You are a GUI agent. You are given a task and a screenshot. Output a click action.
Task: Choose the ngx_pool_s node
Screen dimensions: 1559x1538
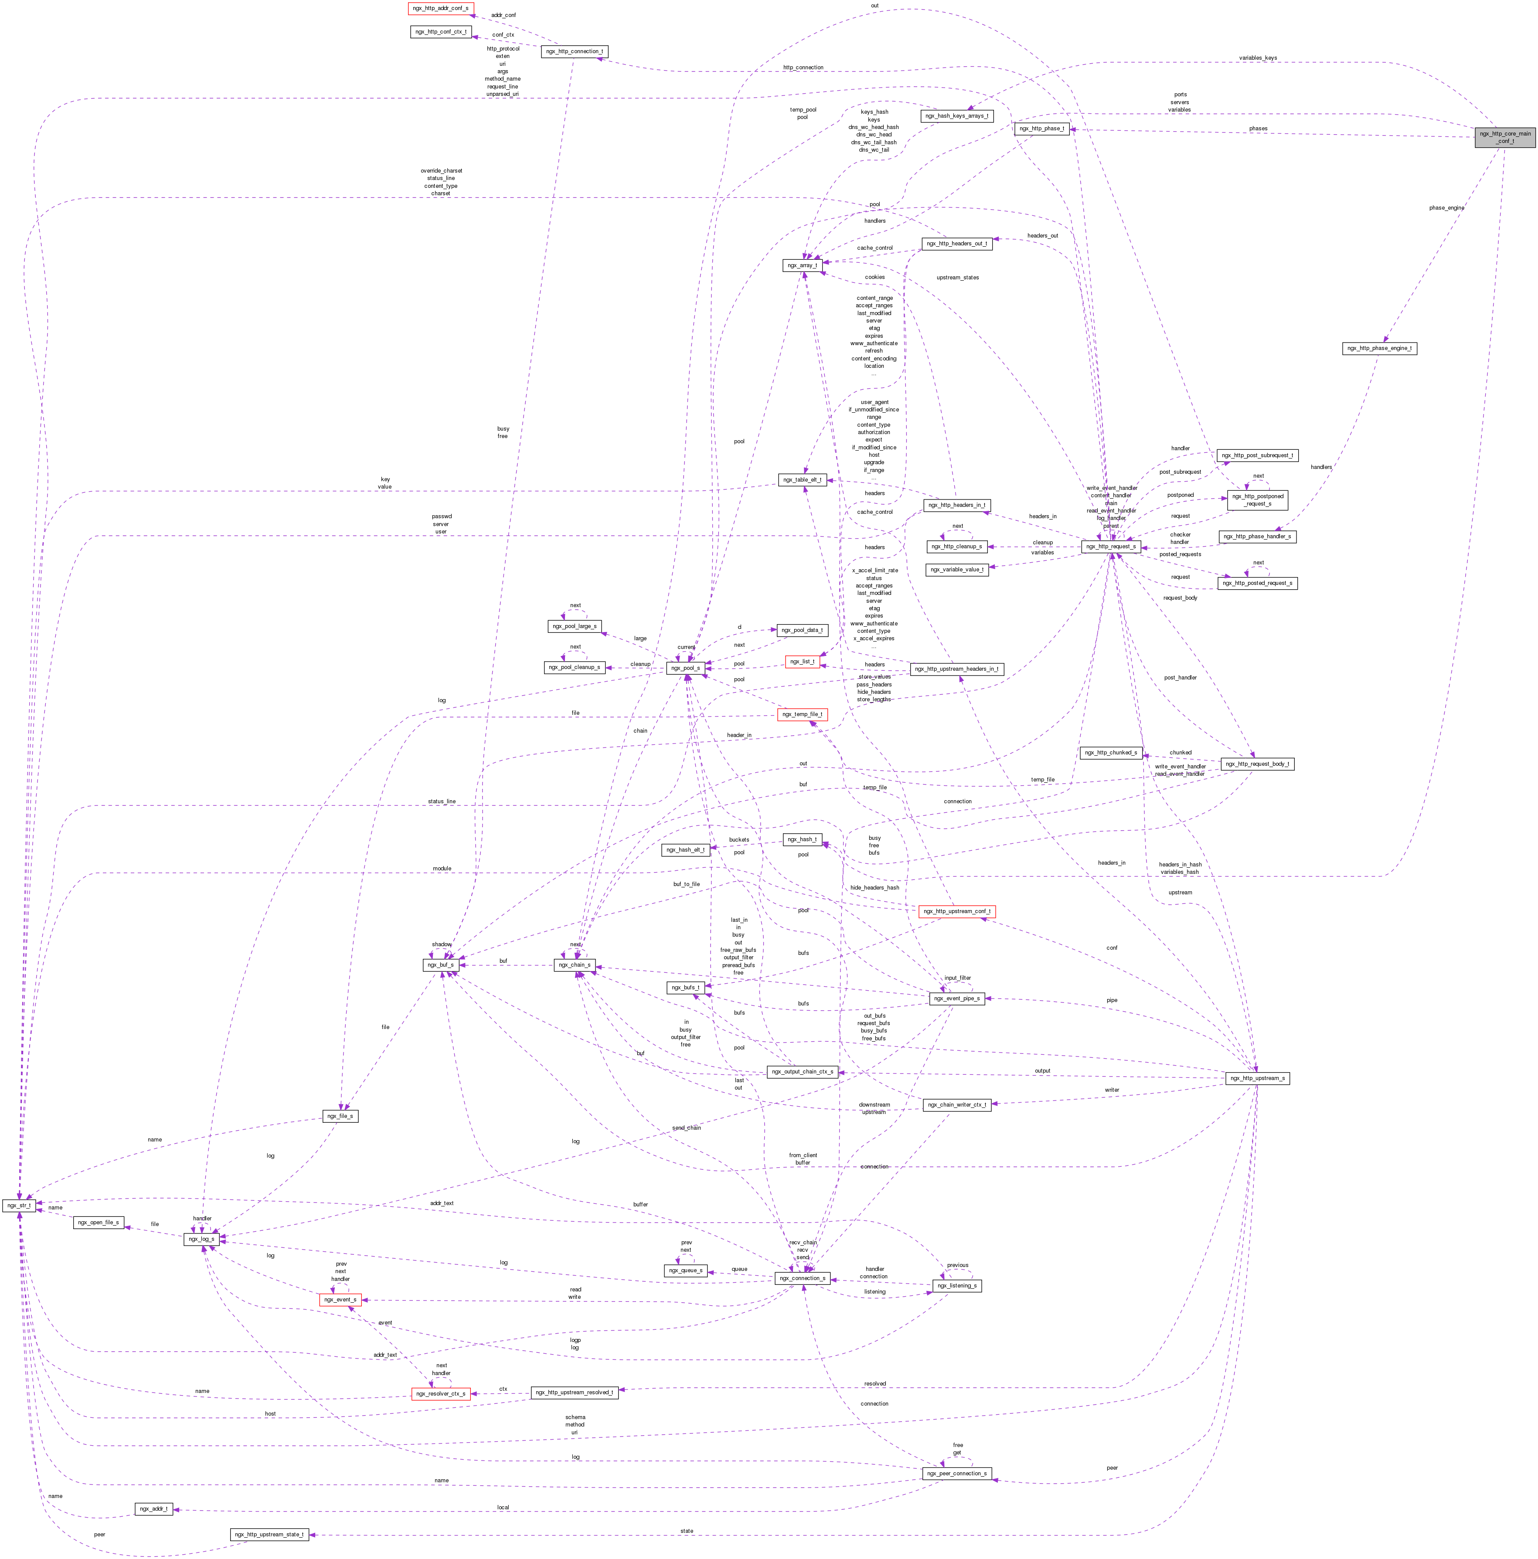[687, 668]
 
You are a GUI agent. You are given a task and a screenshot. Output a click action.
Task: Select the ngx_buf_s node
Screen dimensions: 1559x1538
[441, 965]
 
